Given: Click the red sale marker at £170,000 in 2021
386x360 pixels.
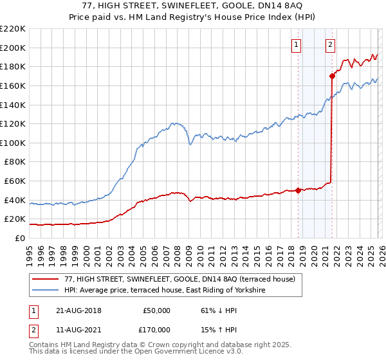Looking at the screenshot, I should [332, 76].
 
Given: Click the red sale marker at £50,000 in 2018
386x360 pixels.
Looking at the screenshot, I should [299, 190].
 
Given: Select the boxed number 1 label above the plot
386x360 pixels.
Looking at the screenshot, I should [297, 44].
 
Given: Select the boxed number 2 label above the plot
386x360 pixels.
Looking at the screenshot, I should [330, 44].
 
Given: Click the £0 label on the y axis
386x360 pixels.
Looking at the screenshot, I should [19, 238].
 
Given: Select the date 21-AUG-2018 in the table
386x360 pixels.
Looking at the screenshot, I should [79, 310].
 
